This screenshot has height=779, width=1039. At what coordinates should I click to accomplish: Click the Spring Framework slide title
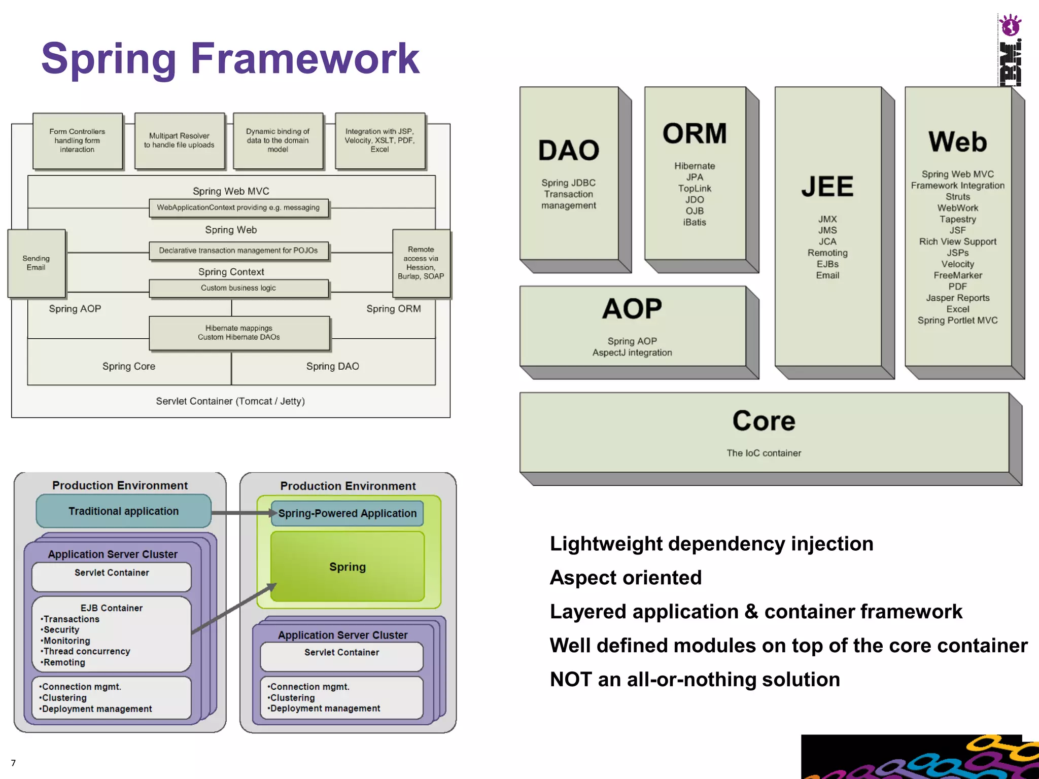point(230,59)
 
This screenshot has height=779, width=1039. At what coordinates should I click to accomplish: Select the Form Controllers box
point(78,140)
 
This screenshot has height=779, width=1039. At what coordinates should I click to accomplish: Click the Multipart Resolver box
point(179,140)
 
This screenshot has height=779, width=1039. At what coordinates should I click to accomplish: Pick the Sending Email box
point(36,263)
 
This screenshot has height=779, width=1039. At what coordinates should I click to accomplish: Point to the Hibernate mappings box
point(239,333)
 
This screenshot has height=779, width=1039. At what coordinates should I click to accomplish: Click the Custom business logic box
point(238,288)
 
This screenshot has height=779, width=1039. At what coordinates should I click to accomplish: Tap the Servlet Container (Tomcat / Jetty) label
point(230,401)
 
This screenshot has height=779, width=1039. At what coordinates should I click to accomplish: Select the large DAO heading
point(569,151)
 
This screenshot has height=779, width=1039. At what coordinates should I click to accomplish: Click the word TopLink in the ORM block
point(695,189)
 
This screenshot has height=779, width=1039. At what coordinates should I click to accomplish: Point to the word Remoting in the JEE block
point(827,253)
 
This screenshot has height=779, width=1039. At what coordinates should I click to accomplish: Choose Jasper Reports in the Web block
point(957,298)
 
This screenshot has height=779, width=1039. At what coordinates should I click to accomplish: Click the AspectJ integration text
point(632,353)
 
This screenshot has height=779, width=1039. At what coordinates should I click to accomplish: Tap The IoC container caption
point(764,453)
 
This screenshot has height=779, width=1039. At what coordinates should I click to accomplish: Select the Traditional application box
point(123,511)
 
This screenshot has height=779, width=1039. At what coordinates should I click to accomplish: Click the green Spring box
point(348,567)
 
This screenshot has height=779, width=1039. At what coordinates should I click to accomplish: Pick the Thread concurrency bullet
point(86,652)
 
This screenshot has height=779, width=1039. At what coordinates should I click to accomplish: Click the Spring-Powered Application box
point(348,513)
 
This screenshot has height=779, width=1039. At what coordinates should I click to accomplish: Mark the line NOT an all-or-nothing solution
point(695,680)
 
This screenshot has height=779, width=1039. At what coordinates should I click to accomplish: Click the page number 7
point(13,763)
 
